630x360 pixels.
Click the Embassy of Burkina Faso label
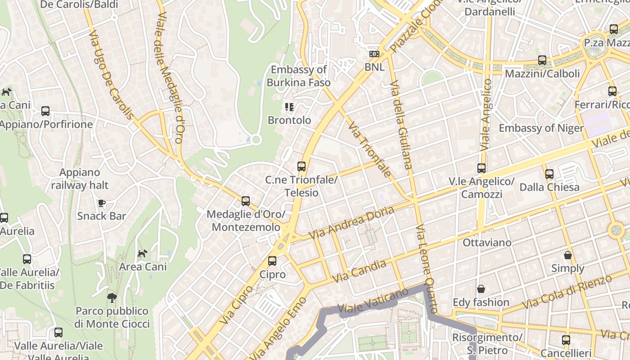coord(298,76)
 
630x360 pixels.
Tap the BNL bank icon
coord(374,54)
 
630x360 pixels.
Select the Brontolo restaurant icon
coord(289,107)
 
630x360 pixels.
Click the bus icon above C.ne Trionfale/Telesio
coord(301,166)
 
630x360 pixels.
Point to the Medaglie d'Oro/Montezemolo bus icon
coord(246,201)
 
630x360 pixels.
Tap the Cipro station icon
coord(272,261)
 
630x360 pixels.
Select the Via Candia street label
coord(359,270)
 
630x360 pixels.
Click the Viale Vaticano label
coord(373,302)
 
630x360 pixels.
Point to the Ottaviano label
coord(487,243)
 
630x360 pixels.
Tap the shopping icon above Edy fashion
coord(481,289)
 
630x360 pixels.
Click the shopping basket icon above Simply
coord(568,255)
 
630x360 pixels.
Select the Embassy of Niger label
coord(541,128)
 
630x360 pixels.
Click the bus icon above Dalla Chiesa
coord(549,174)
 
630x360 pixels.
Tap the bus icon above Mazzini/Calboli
coord(542,60)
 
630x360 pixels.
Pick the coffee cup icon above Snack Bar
coord(102,203)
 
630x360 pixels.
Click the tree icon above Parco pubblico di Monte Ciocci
coord(112,297)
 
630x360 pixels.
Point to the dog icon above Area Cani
coord(143,254)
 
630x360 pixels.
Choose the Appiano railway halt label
coord(80,179)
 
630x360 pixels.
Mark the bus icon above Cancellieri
coord(566,340)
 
